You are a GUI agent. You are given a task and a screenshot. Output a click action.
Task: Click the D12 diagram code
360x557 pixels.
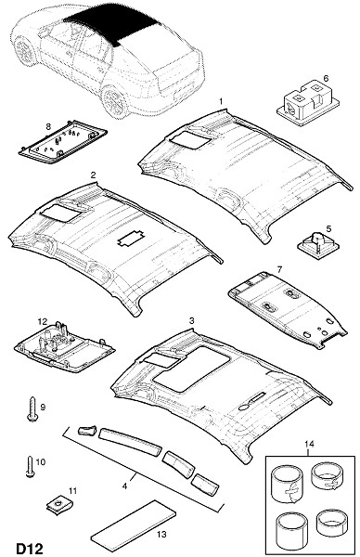(30, 549)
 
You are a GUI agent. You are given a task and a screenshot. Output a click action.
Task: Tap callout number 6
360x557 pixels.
(326, 78)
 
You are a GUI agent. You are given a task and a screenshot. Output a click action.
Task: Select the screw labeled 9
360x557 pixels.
(32, 409)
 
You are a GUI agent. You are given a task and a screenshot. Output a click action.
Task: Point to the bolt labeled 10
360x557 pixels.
(30, 467)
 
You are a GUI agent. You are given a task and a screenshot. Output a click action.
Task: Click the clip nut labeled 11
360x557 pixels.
(57, 505)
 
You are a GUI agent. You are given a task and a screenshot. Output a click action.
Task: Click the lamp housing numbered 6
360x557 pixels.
(306, 101)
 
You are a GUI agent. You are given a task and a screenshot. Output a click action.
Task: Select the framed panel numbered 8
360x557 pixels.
(63, 142)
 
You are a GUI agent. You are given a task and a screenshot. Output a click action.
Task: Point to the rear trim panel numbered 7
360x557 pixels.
(288, 309)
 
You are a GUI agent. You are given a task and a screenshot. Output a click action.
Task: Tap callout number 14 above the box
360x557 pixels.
(309, 444)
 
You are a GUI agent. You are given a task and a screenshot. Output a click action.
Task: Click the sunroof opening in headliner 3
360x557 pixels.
(192, 369)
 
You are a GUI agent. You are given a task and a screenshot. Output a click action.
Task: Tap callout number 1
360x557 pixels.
(221, 101)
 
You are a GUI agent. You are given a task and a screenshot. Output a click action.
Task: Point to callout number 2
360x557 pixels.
(93, 175)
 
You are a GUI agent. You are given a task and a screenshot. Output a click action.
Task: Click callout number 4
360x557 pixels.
(124, 486)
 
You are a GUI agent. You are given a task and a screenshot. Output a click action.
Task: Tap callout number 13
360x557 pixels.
(161, 534)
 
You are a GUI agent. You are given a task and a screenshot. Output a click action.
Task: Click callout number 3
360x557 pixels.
(192, 321)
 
